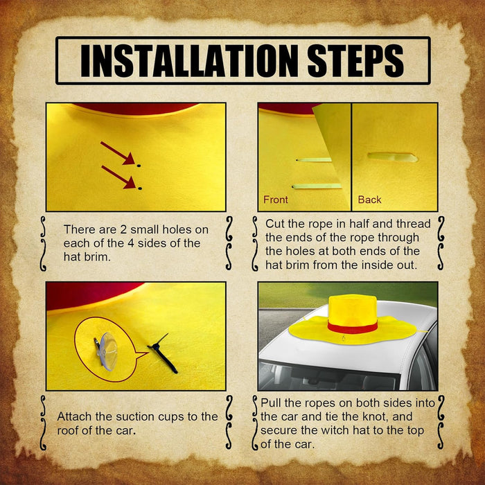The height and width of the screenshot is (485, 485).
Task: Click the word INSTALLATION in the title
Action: click(191, 61)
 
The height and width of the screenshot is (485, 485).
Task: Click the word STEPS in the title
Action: click(355, 61)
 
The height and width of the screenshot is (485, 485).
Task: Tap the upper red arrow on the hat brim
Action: click(118, 153)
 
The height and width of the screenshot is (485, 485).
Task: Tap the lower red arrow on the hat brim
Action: click(118, 177)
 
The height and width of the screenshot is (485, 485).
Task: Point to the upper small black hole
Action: click(139, 166)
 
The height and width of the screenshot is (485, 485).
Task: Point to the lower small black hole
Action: click(140, 188)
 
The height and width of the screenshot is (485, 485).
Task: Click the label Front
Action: click(275, 200)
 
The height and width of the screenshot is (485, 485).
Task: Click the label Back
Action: click(369, 200)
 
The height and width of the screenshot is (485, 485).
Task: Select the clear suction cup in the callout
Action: click(107, 352)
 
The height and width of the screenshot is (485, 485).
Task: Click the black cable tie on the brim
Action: click(161, 354)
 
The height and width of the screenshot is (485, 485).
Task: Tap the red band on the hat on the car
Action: click(352, 327)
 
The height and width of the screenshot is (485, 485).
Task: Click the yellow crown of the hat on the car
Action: click(352, 309)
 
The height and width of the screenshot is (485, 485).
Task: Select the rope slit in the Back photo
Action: click(393, 157)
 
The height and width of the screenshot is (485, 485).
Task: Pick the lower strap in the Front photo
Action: click(317, 186)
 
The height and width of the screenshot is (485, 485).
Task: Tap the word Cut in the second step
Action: click(274, 224)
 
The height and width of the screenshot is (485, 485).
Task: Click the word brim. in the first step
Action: click(98, 257)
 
